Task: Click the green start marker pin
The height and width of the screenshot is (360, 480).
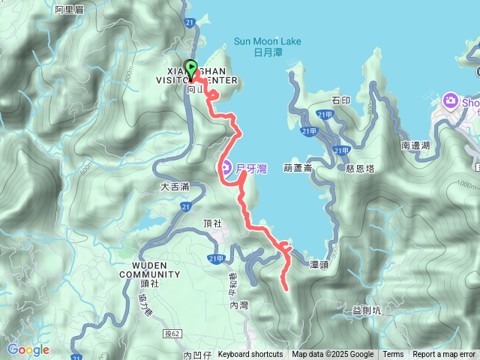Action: tap(190, 69)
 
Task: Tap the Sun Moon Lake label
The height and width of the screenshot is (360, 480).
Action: tap(267, 41)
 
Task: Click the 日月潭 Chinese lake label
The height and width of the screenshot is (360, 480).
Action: tap(267, 52)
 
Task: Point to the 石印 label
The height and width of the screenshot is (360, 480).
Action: tap(340, 100)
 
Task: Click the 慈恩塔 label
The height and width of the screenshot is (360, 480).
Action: tap(358, 169)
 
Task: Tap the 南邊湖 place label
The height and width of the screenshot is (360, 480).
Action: tap(415, 145)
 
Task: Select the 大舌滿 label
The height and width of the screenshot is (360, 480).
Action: tap(174, 185)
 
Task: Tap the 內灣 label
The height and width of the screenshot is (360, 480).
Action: tap(238, 306)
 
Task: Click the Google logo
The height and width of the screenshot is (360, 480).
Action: tap(28, 349)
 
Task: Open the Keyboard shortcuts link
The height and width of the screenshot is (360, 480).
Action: tap(250, 355)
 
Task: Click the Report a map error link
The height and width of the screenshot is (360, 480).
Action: tap(444, 355)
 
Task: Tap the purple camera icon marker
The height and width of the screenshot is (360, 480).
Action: tap(451, 100)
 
